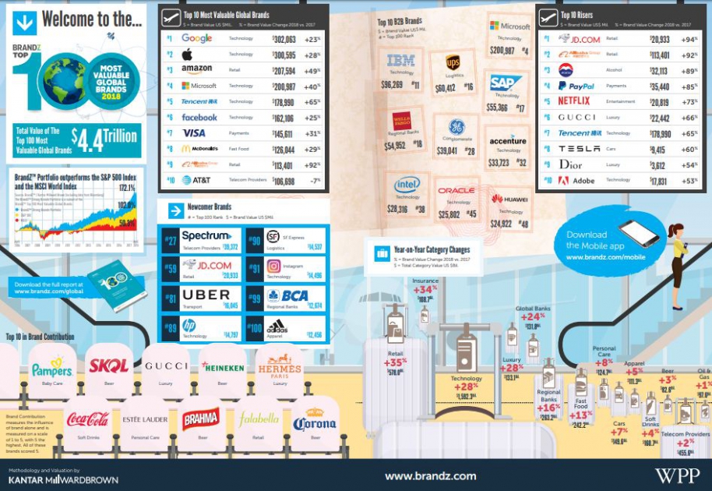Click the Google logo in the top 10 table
pos(196,38)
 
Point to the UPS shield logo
pos(453,62)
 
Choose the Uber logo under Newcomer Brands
pos(206,295)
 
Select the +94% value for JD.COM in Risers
pos(688,39)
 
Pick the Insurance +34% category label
pos(425,290)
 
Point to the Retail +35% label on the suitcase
pos(396,362)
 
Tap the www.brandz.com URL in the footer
pos(430,475)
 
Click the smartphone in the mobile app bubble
pos(639,233)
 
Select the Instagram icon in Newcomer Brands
pos(273,266)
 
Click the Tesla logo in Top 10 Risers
pos(580,149)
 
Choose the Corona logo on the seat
pos(315,423)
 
